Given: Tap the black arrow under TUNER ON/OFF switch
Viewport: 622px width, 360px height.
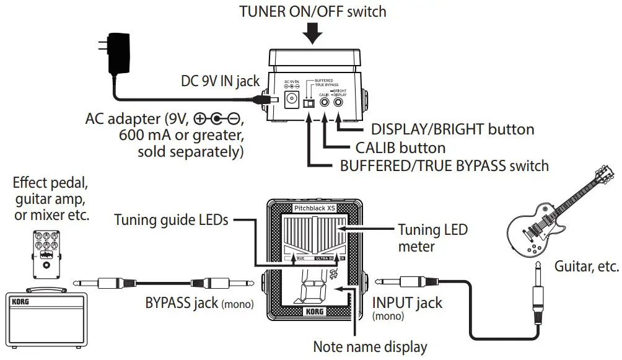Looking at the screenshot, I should coord(315,33).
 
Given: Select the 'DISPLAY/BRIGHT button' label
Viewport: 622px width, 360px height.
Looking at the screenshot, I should coord(452,130).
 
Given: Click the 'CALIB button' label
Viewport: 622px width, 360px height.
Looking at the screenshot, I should coord(400,147).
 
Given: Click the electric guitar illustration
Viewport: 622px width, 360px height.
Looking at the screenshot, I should coord(552,213).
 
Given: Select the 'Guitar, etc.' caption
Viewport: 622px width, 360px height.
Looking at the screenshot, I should coord(586,266).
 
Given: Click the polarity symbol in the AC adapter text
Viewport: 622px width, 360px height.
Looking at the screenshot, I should coord(216,118).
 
